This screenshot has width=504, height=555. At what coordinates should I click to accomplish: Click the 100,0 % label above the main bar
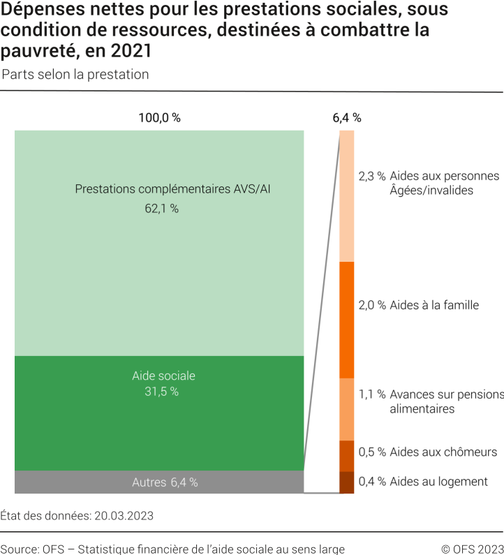pos(159,118)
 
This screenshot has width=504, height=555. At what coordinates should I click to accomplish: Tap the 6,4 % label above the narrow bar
pos(347,118)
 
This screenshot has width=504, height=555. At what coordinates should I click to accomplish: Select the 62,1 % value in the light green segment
pos(161,208)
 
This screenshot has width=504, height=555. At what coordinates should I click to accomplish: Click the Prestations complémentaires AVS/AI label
pos(172,188)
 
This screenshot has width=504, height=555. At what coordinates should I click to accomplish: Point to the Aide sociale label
pos(163,376)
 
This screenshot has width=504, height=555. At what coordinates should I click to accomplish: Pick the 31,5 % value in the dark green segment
pos(161,392)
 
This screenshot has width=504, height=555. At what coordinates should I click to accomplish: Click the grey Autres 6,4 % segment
pos(159,482)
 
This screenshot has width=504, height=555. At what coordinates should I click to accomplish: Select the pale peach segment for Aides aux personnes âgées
pos(347,196)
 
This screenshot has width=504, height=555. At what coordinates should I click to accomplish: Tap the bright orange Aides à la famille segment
pos(347,320)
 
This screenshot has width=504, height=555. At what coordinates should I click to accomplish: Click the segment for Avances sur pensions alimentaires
pos(347,409)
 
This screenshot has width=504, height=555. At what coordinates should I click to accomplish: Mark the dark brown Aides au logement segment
pos(347,482)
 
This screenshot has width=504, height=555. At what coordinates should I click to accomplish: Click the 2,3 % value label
pos(372,176)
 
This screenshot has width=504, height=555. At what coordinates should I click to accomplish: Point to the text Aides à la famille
pos(434,305)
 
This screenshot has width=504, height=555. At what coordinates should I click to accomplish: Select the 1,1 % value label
pos(372,394)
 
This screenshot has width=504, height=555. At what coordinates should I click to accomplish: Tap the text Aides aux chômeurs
pos(443,452)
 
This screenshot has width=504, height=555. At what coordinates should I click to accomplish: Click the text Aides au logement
pos(438,482)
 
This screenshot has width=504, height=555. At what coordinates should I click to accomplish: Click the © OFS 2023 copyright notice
pos(472,549)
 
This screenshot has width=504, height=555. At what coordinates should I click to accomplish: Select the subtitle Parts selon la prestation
pos(75,75)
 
